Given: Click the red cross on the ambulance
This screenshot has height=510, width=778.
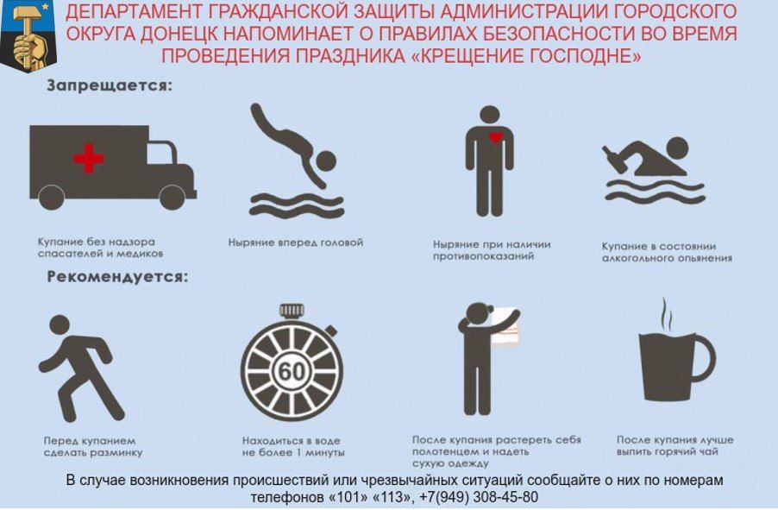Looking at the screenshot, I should click(x=88, y=158).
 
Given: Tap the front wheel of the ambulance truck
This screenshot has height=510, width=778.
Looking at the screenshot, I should click(x=172, y=198).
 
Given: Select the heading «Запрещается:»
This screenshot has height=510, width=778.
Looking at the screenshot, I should click(x=110, y=86).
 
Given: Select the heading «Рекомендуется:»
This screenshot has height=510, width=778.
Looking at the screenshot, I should click(x=116, y=278).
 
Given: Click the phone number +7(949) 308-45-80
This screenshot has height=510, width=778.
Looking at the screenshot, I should click(x=479, y=498).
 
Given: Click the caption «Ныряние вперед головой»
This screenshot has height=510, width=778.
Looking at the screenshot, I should click(x=296, y=242).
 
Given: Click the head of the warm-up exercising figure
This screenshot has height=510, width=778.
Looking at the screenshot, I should click(x=58, y=325).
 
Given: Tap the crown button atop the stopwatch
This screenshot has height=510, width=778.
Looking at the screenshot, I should click(x=292, y=309).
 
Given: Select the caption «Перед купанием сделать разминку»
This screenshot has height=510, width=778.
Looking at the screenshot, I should click(x=92, y=446).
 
